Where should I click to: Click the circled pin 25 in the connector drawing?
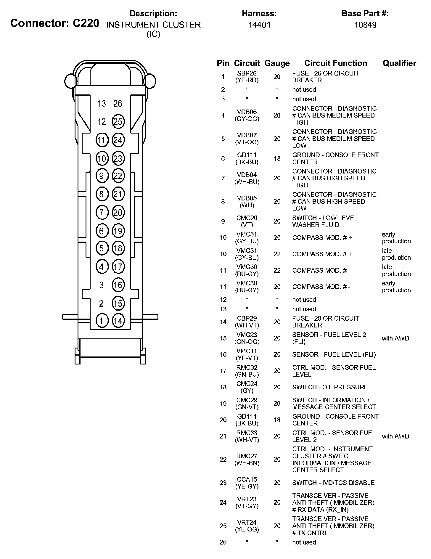(118, 122)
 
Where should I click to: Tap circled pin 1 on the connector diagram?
(102, 321)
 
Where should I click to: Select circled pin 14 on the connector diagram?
(118, 321)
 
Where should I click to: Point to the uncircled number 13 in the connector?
(102, 104)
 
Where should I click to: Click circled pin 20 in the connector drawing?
(118, 213)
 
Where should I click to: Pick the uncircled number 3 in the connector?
(102, 285)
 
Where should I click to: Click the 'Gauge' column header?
(277, 63)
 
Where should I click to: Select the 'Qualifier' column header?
(399, 63)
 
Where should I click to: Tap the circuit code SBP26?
(247, 73)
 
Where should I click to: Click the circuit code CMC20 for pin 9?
(247, 218)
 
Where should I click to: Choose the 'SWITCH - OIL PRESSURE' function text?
(330, 387)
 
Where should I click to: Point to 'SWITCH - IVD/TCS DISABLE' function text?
(333, 483)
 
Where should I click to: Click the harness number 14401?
(259, 25)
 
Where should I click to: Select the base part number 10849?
(365, 25)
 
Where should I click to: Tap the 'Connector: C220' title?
(55, 23)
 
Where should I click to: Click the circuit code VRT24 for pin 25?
(247, 522)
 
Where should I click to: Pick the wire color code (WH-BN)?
(247, 463)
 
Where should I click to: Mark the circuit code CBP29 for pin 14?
(247, 319)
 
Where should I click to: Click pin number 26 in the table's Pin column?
(223, 542)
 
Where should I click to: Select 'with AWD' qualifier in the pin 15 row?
(395, 338)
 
